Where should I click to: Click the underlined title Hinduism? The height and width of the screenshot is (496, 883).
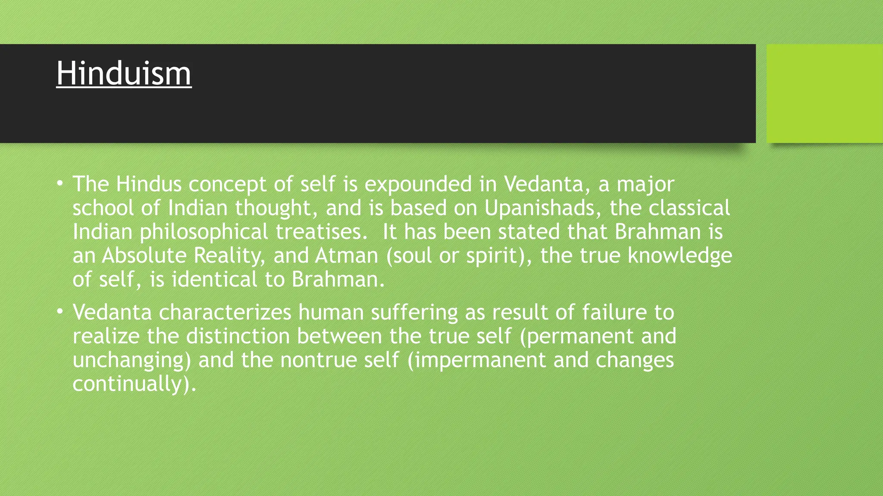pyautogui.click(x=124, y=74)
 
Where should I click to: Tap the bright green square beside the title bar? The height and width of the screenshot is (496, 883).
pyautogui.click(x=824, y=93)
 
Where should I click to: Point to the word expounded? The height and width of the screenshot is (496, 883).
pyautogui.click(x=418, y=184)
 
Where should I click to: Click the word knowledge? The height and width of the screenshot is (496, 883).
pyautogui.click(x=679, y=255)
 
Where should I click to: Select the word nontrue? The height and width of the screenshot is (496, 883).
pyautogui.click(x=318, y=360)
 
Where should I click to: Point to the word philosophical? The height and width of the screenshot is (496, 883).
pyautogui.click(x=204, y=232)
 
